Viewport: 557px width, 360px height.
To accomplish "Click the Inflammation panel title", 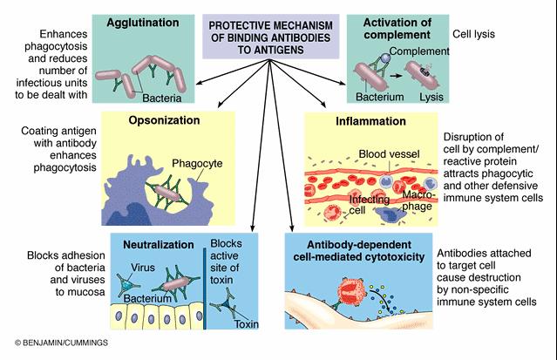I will [x=370, y=121].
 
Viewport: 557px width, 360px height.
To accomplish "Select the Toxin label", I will [x=248, y=324].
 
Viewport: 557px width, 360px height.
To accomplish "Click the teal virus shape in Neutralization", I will [x=126, y=286].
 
